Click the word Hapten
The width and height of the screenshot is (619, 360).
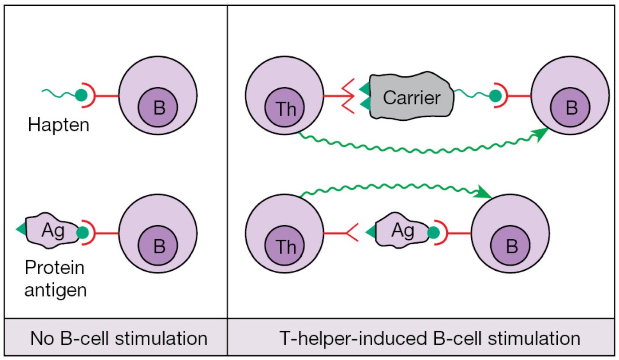pos(59,125)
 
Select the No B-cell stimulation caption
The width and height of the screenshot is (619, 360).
pos(119,339)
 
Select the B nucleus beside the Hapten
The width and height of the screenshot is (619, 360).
pos(158,108)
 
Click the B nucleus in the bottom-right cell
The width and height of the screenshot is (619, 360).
pos(511,246)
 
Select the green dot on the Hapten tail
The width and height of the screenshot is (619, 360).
pos(80,95)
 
